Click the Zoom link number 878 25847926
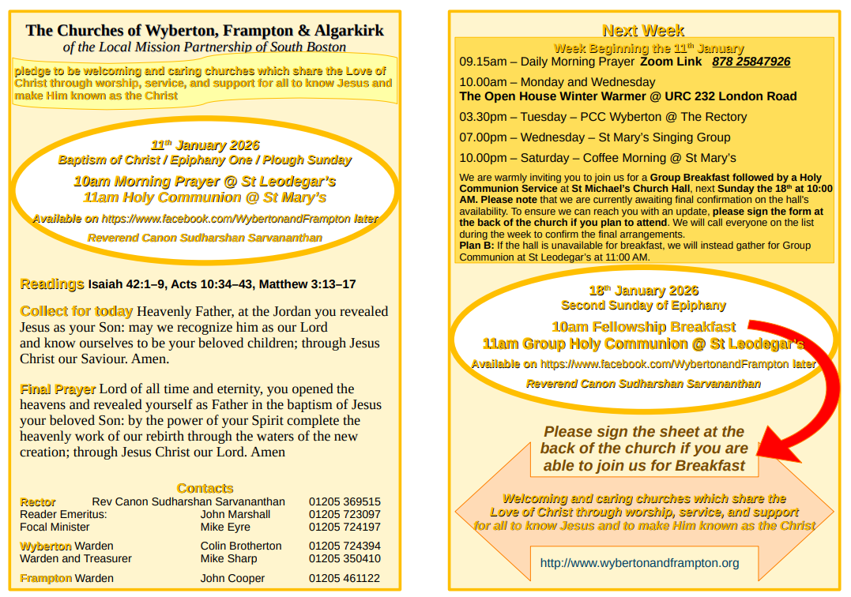751,62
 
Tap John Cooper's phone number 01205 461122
345,578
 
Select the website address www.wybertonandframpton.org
639,563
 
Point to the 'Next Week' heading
643,31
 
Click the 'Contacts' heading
205,488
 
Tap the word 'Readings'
52,284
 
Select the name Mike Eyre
225,527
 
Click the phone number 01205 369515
345,501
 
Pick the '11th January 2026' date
205,145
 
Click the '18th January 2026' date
643,291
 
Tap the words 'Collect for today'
77,311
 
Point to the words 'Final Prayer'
58,389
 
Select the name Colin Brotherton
241,546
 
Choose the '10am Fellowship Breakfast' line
643,327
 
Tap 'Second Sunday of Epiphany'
643,306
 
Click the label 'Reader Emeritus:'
63,514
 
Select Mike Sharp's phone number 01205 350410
345,558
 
